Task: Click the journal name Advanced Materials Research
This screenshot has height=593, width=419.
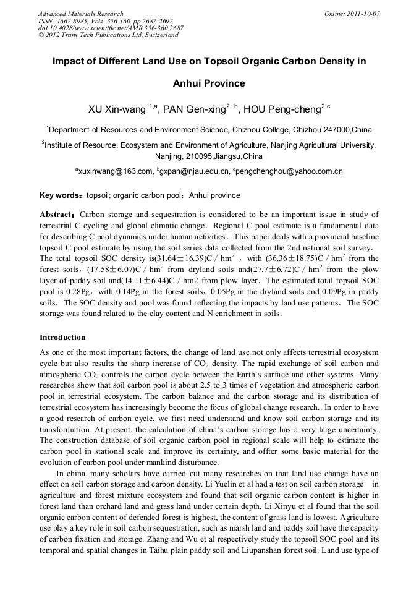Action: click(x=80, y=14)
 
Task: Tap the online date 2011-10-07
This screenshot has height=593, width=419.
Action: click(x=362, y=14)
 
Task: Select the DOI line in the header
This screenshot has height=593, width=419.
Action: click(x=111, y=28)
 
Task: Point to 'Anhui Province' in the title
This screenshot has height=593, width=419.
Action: click(x=209, y=83)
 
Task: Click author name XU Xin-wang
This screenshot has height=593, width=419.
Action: click(x=117, y=109)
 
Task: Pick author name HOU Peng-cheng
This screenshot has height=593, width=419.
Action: click(x=281, y=109)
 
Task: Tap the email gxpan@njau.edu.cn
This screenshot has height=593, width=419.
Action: click(x=194, y=171)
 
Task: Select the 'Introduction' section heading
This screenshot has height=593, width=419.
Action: click(x=62, y=338)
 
